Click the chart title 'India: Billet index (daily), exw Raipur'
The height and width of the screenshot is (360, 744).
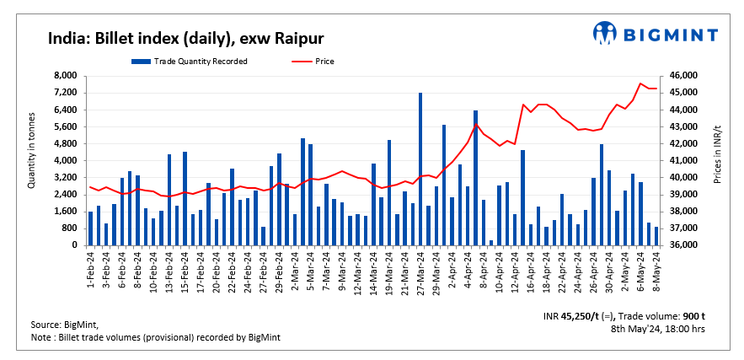pos(186,39)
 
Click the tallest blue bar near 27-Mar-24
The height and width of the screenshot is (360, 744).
pos(420,169)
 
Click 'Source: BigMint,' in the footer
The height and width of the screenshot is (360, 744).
pos(63,325)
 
